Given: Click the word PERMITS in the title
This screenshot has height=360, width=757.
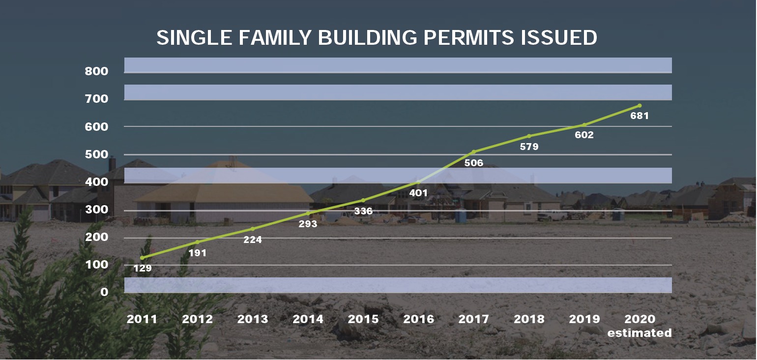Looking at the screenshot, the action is [468, 37].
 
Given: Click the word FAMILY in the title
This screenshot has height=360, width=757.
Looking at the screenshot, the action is [275, 37].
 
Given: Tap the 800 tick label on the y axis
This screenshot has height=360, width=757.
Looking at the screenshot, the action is [96, 71].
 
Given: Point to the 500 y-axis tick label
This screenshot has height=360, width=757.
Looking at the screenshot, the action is [96, 154].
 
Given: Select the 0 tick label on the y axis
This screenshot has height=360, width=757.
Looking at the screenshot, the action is [104, 292].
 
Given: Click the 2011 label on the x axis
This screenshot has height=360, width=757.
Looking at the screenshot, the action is [142, 319].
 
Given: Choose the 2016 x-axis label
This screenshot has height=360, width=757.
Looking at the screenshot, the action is [418, 319].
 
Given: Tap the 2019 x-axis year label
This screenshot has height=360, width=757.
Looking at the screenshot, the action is [584, 319].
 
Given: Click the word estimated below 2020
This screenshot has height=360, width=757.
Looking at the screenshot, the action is [640, 333].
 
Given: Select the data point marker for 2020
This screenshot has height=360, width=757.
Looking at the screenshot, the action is [640, 106].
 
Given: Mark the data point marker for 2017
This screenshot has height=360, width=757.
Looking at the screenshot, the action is [474, 152].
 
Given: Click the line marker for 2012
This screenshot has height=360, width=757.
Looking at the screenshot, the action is [198, 242].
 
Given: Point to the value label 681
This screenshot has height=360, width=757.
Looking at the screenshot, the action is [640, 116].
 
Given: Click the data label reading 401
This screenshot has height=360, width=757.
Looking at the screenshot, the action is [418, 193].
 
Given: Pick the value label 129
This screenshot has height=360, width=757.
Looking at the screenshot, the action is [142, 269].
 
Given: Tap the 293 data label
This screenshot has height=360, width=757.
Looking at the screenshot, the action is [308, 224].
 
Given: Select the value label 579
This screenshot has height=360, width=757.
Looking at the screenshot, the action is [529, 147].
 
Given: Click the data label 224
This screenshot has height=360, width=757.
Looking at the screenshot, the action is [253, 240].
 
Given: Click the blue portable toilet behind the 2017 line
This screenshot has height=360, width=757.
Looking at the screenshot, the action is [460, 216].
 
